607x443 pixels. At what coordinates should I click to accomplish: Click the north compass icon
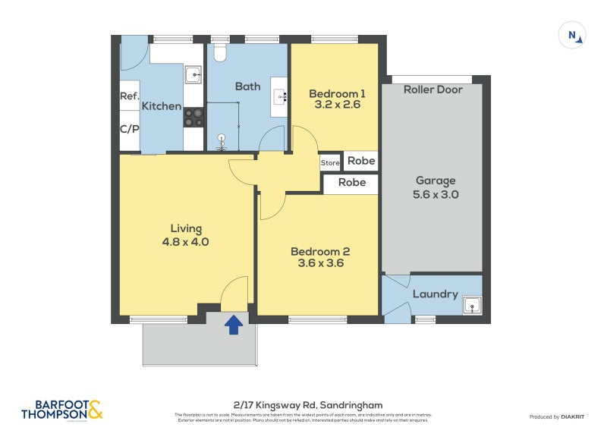pos(572,35)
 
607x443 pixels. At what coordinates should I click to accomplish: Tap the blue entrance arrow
pos(234,325)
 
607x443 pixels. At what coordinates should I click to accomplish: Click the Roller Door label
pos(432,90)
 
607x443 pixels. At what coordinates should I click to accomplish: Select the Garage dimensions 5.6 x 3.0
pos(436,194)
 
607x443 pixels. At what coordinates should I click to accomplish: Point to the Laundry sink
pos(472,306)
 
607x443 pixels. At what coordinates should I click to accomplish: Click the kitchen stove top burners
pos(193,118)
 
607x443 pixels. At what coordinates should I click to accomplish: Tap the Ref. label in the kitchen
pos(129,96)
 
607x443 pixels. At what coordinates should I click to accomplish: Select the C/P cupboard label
pos(129,129)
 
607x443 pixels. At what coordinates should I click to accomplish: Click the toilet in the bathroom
pos(221,52)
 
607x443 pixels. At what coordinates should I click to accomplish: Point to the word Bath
pos(247,86)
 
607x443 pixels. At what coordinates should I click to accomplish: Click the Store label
pos(330,162)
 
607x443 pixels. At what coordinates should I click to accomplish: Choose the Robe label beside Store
pos(361,161)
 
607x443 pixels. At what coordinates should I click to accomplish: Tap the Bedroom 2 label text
pos(319,252)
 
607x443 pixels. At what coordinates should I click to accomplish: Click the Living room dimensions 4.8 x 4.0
pos(185,242)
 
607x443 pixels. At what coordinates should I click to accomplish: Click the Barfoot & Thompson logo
pos(61,410)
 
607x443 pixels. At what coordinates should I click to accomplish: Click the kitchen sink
pos(193,74)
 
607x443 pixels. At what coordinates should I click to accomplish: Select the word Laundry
pos(435,294)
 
